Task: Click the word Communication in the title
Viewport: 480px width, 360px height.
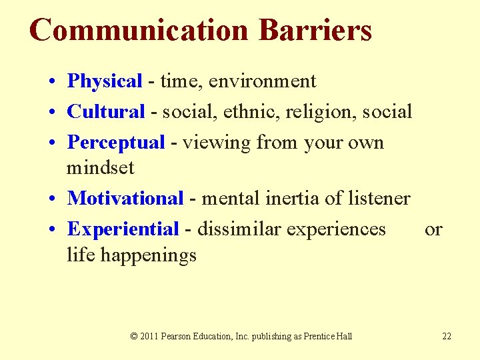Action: click(138, 30)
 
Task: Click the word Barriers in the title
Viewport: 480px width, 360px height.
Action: click(315, 30)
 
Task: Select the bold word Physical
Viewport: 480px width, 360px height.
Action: click(105, 81)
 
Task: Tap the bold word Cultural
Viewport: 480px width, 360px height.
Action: click(106, 111)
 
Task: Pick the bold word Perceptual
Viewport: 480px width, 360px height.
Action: click(115, 143)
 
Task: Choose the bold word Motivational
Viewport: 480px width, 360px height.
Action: click(125, 198)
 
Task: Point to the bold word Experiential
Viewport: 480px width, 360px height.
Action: click(123, 229)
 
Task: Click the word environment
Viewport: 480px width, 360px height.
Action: click(262, 81)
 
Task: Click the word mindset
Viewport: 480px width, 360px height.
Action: click(100, 167)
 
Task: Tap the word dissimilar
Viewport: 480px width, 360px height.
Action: click(239, 229)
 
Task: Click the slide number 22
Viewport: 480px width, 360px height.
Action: click(447, 336)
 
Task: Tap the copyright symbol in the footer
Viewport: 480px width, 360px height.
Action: click(134, 336)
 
